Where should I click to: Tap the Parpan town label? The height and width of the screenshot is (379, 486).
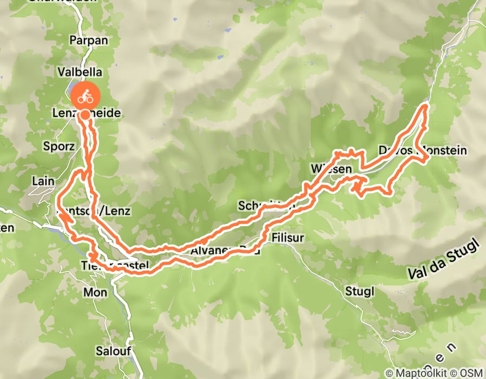pyautogui.click(x=89, y=41)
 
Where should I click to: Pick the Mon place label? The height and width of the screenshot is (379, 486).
pyautogui.click(x=95, y=292)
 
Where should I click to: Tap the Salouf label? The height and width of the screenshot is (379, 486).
pyautogui.click(x=114, y=350)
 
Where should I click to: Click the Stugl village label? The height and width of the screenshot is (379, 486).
pyautogui.click(x=359, y=291)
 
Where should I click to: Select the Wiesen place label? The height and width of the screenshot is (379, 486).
pyautogui.click(x=328, y=169)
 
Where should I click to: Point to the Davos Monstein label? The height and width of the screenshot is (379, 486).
pyautogui.click(x=423, y=150)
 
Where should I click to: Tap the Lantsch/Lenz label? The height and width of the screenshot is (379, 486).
pyautogui.click(x=95, y=211)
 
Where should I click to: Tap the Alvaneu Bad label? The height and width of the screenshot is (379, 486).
pyautogui.click(x=225, y=251)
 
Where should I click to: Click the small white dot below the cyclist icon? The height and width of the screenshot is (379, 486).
pyautogui.click(x=86, y=115)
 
